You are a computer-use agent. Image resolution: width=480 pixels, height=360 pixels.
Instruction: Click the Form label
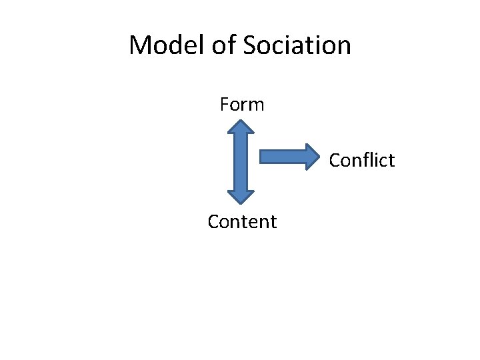(x=242, y=105)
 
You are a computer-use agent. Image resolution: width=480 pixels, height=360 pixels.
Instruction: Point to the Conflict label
(x=362, y=161)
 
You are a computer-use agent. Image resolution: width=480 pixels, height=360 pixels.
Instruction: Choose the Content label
(x=242, y=221)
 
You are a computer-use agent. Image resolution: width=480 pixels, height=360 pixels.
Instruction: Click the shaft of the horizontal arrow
(x=280, y=156)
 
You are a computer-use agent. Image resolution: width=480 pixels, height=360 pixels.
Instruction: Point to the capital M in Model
(x=140, y=45)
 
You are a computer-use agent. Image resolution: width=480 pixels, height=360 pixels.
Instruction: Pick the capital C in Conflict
(x=335, y=161)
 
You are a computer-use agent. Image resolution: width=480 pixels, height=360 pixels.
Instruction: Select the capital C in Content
(x=213, y=221)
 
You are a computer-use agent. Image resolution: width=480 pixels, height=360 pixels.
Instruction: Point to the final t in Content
(x=273, y=221)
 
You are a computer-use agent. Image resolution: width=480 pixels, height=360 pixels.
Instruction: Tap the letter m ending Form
(x=257, y=105)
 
